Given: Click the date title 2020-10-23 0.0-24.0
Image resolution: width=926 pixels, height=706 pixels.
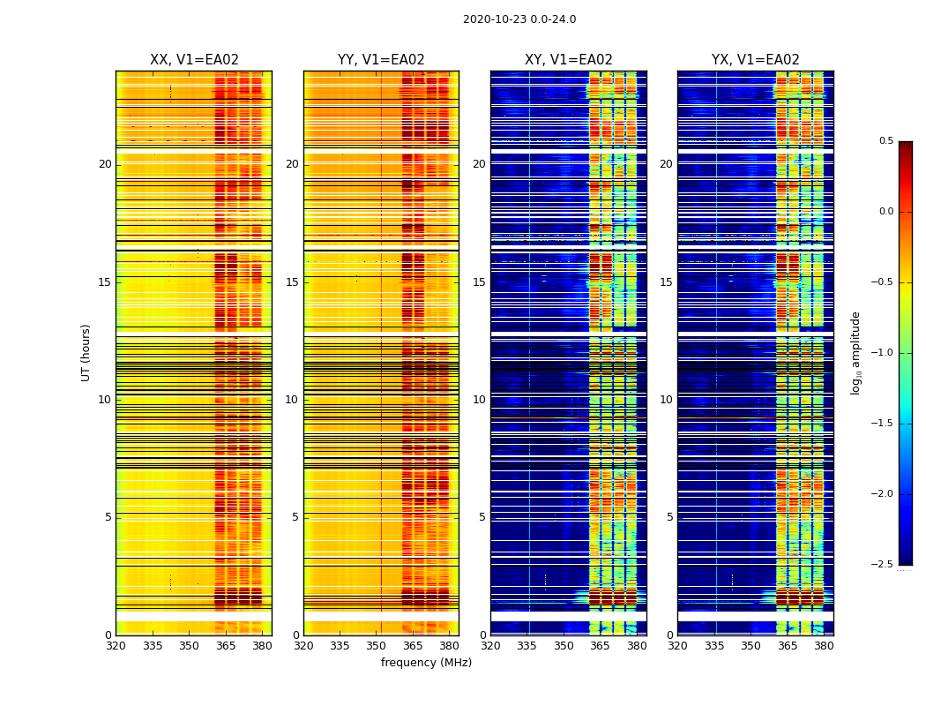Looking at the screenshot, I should click(x=519, y=19).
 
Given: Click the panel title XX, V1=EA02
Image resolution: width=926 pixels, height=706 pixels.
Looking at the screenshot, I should click(x=194, y=60).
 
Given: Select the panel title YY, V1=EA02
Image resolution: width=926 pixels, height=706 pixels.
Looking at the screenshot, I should click(x=381, y=60).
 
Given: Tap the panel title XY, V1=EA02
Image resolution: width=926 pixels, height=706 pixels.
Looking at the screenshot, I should click(x=569, y=60).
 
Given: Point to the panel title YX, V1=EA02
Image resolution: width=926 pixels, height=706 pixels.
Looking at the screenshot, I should click(x=756, y=60).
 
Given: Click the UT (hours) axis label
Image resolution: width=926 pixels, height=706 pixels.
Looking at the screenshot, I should click(x=86, y=352).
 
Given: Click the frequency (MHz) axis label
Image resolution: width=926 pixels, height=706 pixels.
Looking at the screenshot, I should click(x=426, y=663).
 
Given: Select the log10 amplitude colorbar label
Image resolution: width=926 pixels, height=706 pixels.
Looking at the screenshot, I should click(x=855, y=352).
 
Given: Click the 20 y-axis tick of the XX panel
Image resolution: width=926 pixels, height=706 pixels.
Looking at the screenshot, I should click(x=105, y=164).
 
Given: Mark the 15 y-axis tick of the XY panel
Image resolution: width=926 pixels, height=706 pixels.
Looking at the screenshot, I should click(x=479, y=282).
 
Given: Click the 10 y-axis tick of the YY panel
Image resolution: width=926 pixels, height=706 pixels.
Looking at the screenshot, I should click(x=292, y=400).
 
